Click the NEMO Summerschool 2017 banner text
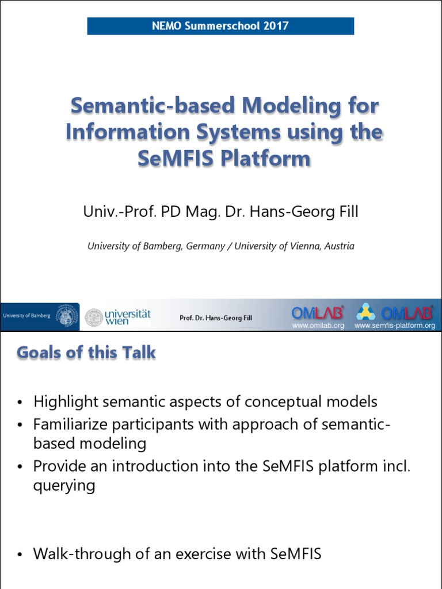pyautogui.click(x=220, y=26)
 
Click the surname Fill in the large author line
pyautogui.click(x=346, y=212)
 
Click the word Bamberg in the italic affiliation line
pyautogui.click(x=167, y=246)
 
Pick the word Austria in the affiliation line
pyautogui.click(x=339, y=246)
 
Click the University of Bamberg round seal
pyautogui.click(x=68, y=316)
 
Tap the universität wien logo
pyautogui.click(x=118, y=317)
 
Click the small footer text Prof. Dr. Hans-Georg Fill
pyautogui.click(x=215, y=318)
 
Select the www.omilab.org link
pyautogui.click(x=318, y=326)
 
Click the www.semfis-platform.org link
pyautogui.click(x=394, y=326)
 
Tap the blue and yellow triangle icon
pyautogui.click(x=365, y=312)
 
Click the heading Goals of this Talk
pyautogui.click(x=86, y=353)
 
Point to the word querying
pyautogui.click(x=64, y=485)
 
